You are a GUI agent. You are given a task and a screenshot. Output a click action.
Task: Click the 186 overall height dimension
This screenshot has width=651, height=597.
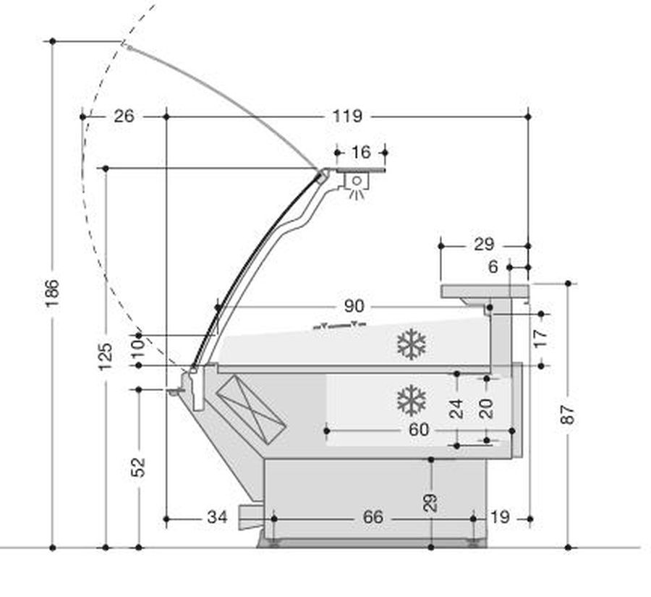point(53,293)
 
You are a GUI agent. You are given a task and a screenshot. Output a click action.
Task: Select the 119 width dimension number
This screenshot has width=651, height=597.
point(347,116)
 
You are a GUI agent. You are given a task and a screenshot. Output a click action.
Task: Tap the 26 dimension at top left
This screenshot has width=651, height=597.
point(124,116)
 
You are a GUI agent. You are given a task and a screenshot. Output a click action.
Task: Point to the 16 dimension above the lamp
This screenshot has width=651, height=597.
point(361,152)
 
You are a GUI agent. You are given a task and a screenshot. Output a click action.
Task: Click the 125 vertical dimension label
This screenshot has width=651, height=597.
point(106,357)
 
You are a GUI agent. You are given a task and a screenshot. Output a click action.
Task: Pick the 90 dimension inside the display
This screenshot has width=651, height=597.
point(354,307)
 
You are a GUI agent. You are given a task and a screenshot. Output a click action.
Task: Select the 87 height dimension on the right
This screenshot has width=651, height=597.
point(568,414)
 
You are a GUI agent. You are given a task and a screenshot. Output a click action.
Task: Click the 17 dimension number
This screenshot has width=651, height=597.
point(540,338)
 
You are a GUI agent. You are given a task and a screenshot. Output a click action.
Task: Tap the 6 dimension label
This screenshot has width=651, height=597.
point(493,267)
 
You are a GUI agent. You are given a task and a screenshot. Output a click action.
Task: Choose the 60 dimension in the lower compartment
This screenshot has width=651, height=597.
point(419,430)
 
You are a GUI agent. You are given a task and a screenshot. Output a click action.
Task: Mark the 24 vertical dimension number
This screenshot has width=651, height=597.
point(456,408)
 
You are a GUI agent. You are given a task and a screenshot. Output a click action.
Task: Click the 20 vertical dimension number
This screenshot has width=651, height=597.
point(486,408)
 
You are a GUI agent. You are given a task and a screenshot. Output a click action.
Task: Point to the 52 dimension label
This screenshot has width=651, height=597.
point(138,467)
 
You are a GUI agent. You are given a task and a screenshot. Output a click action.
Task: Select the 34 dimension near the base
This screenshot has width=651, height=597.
point(217,517)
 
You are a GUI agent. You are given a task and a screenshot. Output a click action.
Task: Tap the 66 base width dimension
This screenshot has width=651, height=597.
point(373,517)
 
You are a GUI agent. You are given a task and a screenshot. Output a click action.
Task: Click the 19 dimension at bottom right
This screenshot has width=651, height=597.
point(500,517)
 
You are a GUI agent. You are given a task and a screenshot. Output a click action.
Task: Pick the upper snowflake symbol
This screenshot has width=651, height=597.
point(412,344)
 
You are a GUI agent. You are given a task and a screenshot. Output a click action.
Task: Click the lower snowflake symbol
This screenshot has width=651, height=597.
point(412,400)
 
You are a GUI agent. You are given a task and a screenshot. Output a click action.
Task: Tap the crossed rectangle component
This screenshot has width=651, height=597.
point(251,408)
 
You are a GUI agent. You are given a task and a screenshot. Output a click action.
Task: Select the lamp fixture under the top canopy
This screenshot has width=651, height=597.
point(356,186)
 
